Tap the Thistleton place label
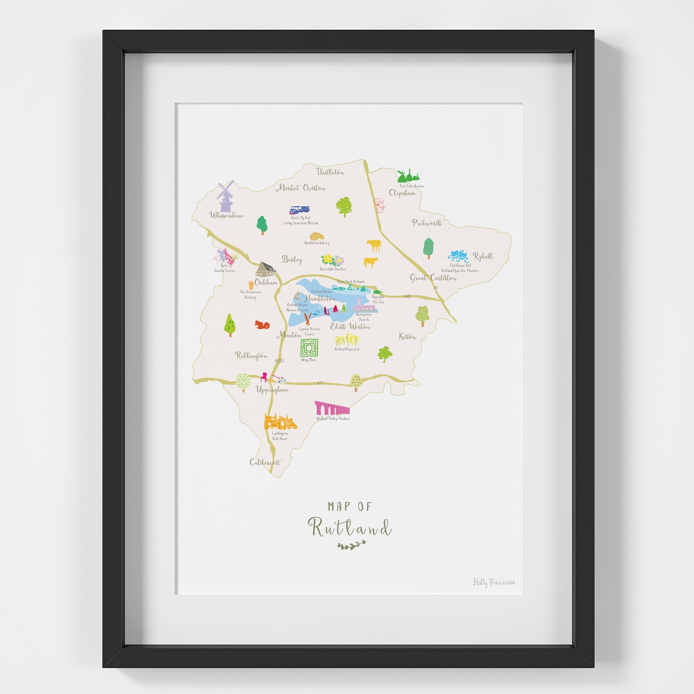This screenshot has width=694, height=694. (x=330, y=172)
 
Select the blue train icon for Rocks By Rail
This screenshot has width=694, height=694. (x=299, y=210)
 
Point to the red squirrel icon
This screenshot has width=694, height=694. (x=262, y=324)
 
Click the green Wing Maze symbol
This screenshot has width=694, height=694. (x=309, y=348)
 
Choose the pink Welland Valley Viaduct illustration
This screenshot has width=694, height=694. (x=332, y=408)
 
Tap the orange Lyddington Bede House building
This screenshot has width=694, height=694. (x=280, y=422)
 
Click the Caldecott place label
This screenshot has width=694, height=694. (x=265, y=462)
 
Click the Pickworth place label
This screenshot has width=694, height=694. (x=427, y=223)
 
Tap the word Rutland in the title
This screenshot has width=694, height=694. (x=350, y=527)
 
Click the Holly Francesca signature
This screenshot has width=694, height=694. (x=494, y=582)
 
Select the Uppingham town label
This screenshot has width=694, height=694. (x=272, y=390)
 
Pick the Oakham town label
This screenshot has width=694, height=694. (x=266, y=282)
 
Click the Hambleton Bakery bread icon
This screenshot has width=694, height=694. (x=316, y=236)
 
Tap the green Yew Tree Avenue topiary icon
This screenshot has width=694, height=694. (x=409, y=176)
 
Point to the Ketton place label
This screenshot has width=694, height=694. (x=407, y=337)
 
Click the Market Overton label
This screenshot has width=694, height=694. (x=301, y=188)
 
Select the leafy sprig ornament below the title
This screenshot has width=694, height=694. (x=351, y=545)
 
